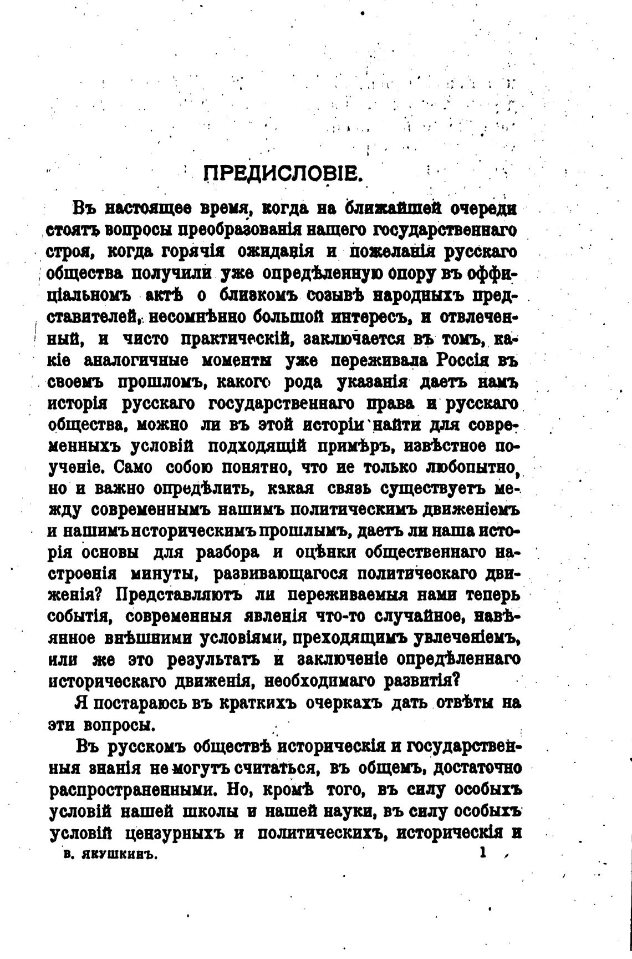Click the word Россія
(462, 360)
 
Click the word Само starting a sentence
(130, 467)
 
